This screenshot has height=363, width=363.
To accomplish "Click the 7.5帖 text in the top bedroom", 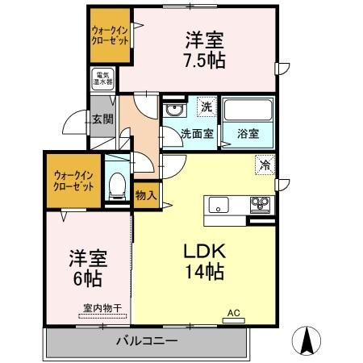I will coord(204,60).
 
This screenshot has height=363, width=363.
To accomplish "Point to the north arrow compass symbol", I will coord(307,340).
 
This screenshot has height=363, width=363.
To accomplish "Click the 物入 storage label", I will coord(146,195).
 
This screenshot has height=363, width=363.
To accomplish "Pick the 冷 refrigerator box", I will coord(265,164).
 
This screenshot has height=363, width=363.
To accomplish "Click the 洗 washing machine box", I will coord(207,106).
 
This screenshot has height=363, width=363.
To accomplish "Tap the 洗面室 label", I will coord(196,134).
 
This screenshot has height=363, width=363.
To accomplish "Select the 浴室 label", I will coord(248,134).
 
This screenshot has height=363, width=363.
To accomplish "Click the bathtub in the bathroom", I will coord(248,111).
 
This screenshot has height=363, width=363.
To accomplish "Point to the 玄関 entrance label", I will coord(101,119).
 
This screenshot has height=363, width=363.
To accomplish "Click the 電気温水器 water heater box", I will coord(101,79).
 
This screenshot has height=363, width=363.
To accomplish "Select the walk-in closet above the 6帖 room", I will coord(73,179).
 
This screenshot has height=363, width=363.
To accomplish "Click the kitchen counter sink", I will coord(219,204).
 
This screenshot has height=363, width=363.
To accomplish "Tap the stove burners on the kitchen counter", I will coord(261,202).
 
